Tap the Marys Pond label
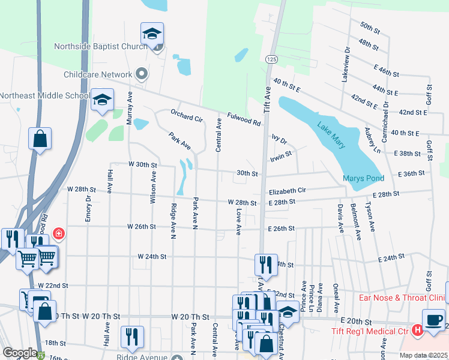click(363, 178)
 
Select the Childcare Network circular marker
click(142, 74)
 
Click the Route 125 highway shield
click(272, 59)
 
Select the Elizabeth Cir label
click(287, 191)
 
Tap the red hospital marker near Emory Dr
click(58, 233)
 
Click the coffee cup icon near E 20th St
click(433, 319)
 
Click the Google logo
click(19, 353)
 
